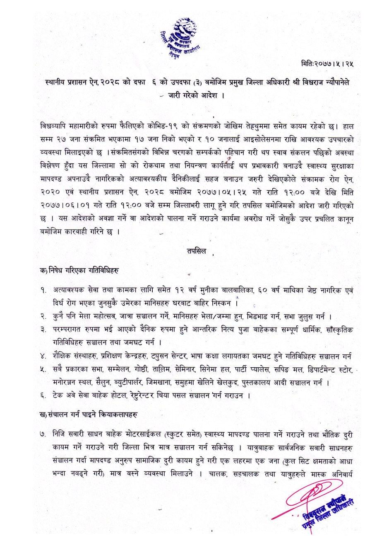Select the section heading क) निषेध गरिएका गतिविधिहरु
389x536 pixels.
click(x=79, y=270)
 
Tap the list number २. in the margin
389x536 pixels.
click(x=43, y=317)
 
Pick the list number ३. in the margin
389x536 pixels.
click(x=43, y=330)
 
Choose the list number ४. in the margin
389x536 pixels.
click(x=43, y=357)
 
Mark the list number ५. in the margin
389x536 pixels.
click(x=43, y=370)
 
